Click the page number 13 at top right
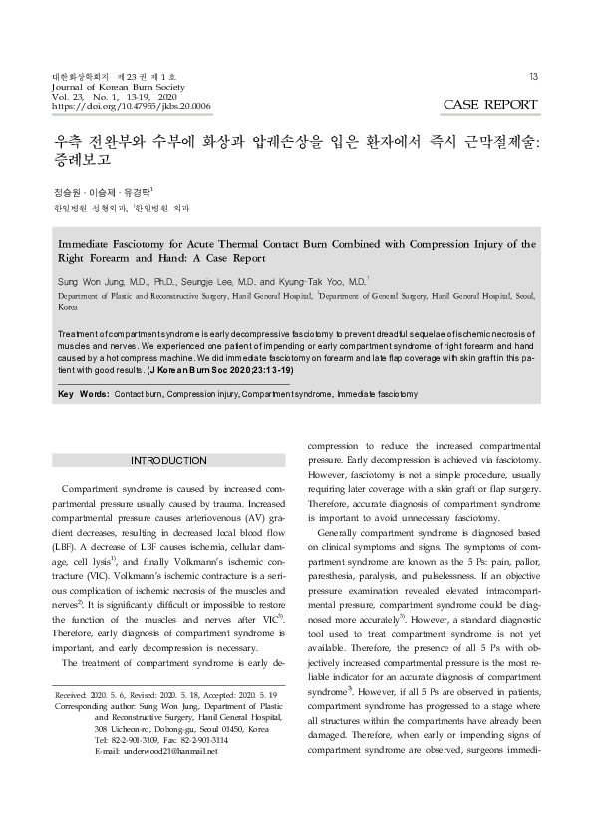coord(534,78)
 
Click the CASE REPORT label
coord(490,104)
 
